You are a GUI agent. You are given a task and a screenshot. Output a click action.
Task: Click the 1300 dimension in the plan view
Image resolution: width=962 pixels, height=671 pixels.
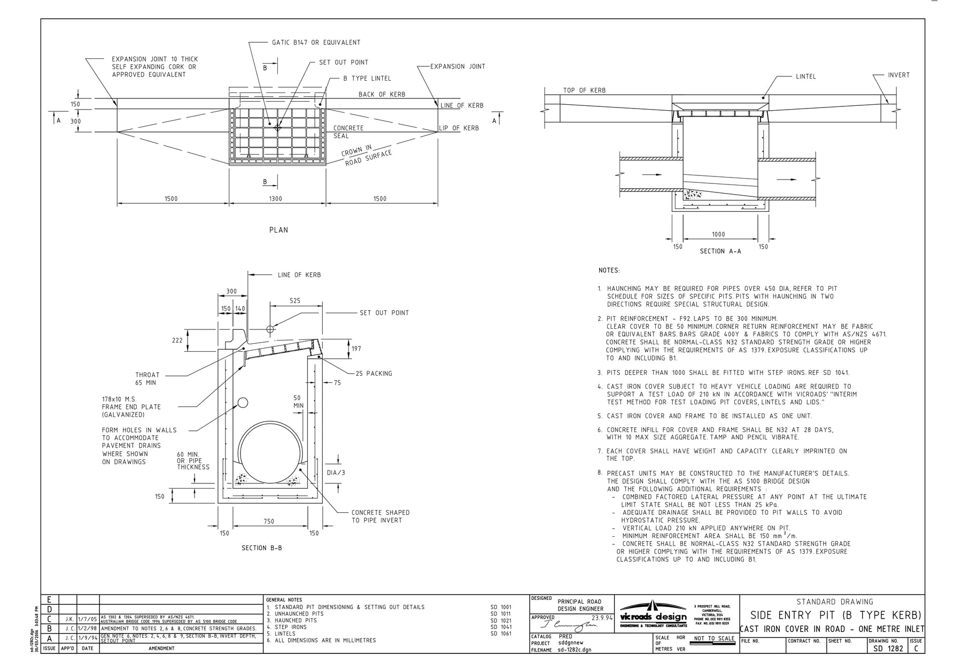(x=275, y=199)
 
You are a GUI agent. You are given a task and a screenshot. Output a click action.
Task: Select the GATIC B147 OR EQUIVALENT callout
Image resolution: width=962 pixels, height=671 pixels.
(x=316, y=42)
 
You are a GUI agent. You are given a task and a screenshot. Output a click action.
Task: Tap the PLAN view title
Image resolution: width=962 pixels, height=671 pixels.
(x=278, y=230)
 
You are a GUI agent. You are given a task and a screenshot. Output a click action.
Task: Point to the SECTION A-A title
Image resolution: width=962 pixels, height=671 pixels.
(x=720, y=251)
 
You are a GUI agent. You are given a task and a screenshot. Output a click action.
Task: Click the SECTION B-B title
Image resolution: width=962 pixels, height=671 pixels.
(x=261, y=548)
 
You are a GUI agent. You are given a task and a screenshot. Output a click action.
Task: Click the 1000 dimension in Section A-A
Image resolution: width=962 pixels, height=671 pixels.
(x=718, y=234)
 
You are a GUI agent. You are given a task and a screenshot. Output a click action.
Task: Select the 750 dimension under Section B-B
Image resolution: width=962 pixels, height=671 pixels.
(x=269, y=521)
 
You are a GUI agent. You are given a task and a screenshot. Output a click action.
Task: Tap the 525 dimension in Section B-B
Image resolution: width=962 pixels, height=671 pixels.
(x=295, y=300)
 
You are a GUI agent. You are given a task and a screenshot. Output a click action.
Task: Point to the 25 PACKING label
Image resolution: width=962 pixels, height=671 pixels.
(x=374, y=374)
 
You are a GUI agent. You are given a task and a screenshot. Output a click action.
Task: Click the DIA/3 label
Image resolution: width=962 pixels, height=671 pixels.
(x=336, y=473)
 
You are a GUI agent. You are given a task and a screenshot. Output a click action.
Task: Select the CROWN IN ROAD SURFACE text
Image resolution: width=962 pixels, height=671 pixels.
(x=367, y=155)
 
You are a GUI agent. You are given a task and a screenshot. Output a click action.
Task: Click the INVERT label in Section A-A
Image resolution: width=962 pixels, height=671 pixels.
(x=898, y=75)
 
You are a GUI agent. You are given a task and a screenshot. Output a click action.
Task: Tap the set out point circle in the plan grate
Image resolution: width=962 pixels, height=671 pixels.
(x=277, y=128)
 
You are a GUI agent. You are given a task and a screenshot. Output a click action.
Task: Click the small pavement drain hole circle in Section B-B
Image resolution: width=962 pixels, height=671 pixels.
(x=243, y=403)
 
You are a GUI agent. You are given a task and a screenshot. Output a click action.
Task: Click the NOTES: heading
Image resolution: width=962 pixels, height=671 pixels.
(x=609, y=271)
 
